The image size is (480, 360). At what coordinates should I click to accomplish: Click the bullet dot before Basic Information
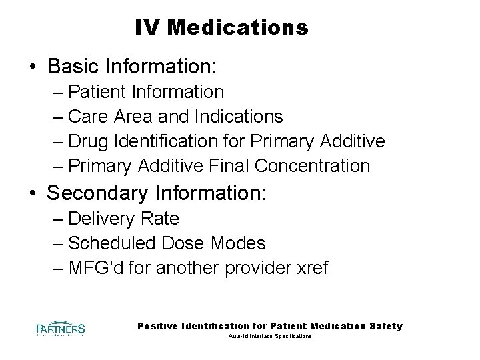point(32,68)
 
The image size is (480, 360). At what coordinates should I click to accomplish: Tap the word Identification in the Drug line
point(171,141)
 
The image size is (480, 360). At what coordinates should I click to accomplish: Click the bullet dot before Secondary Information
point(32,193)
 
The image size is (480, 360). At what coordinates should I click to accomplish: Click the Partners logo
point(61,328)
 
